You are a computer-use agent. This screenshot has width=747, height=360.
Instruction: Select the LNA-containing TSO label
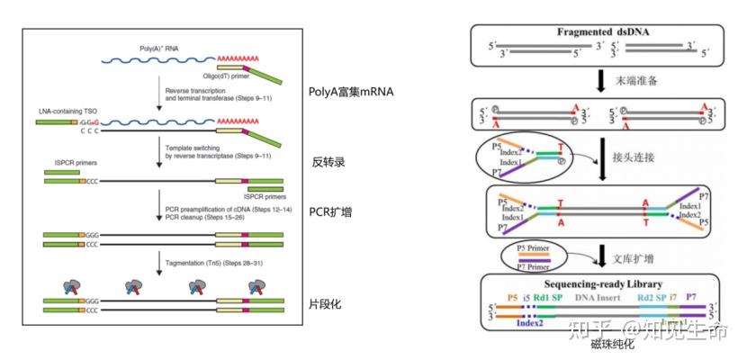click(x=63, y=108)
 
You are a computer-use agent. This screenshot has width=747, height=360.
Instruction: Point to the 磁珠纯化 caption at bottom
click(x=612, y=344)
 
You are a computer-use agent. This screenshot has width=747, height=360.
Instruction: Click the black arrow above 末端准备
click(x=599, y=81)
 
